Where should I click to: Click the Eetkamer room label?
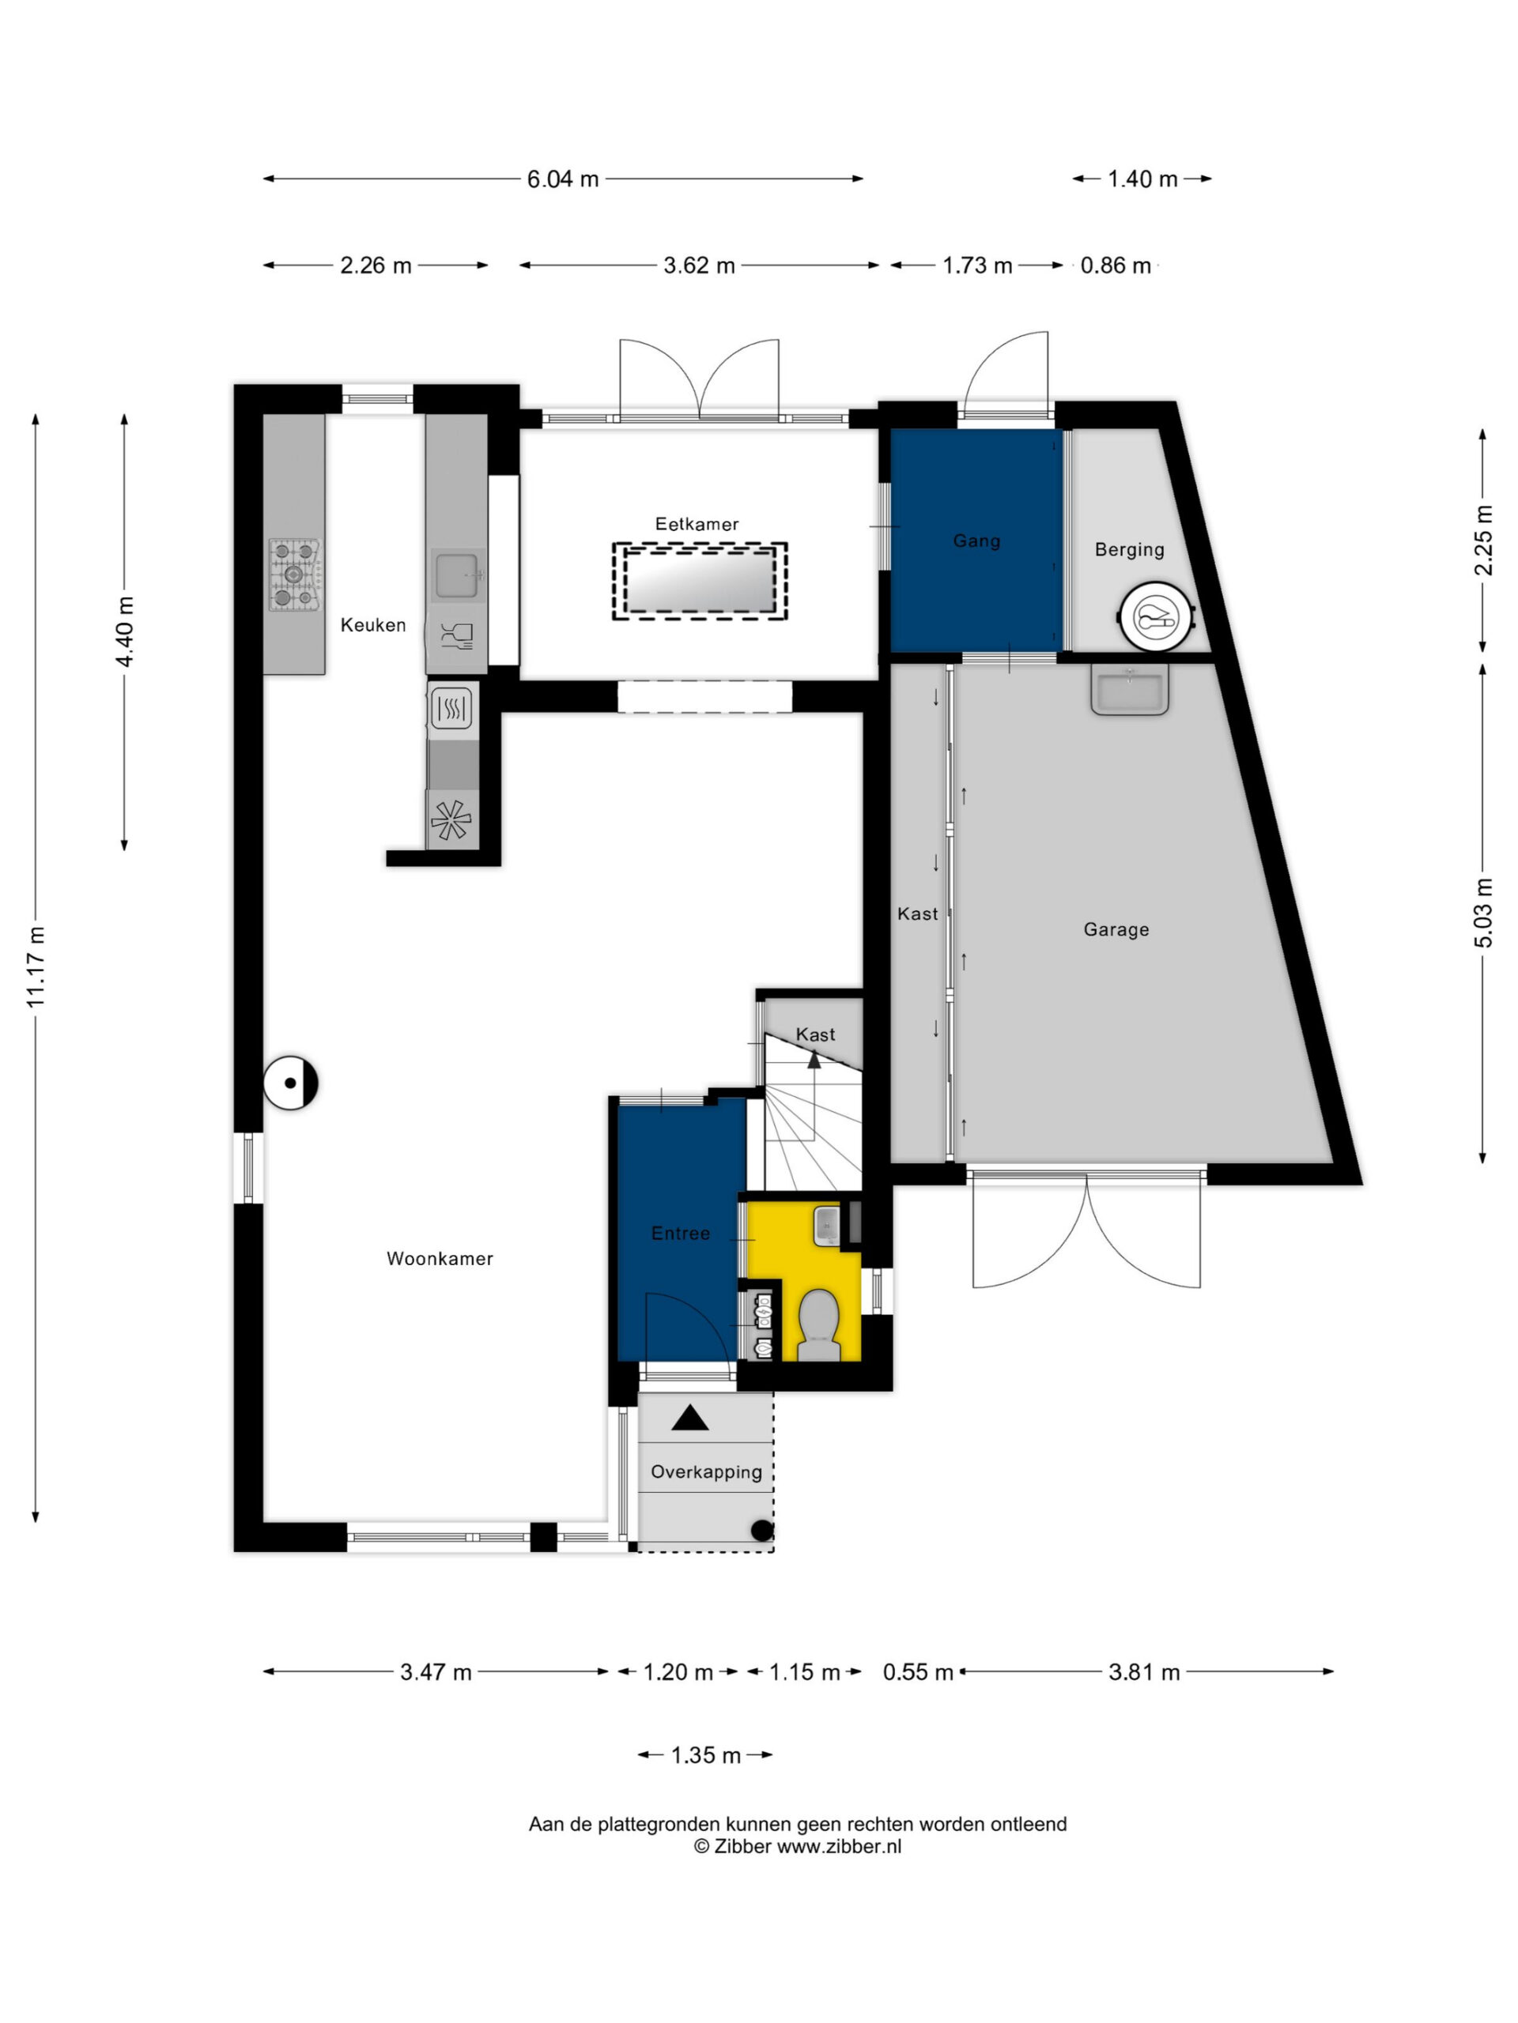[697, 524]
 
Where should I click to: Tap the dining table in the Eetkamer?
[699, 582]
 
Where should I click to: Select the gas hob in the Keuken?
[294, 575]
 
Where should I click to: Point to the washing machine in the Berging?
[1157, 617]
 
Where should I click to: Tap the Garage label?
[1116, 929]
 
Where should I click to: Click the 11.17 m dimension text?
[36, 966]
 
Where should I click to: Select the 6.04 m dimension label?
[563, 179]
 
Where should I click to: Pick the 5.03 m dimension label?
[1483, 913]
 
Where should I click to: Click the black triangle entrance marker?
[690, 1418]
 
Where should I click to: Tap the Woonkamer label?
[440, 1258]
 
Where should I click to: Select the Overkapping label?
[706, 1471]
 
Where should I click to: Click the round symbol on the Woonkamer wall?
[291, 1083]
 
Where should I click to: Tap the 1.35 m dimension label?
[705, 1755]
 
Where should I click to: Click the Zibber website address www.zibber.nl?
[839, 1847]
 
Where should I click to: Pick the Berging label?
[1129, 550]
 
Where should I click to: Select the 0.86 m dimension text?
[1116, 266]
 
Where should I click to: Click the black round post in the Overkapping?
[761, 1530]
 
